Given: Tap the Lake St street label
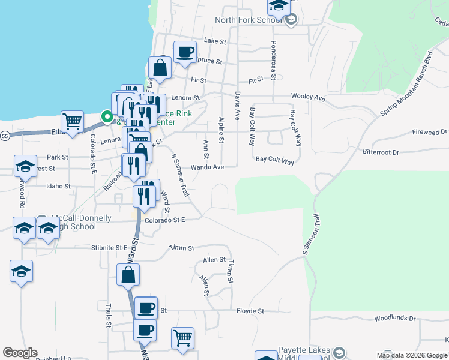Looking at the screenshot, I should pos(214,41).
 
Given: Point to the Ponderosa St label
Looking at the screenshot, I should pos(273,60).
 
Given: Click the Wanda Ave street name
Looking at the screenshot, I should pos(207,167).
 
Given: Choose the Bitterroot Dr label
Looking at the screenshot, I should pos(381,152).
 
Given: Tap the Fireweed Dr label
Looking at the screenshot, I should pos(430,131).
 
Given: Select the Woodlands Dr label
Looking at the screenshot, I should pos(394,318).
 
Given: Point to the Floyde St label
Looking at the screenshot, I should pos(250,311).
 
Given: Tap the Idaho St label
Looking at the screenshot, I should pos(58,186).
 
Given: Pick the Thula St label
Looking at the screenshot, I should pos(109,316).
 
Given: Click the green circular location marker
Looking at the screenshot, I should pos(107,117).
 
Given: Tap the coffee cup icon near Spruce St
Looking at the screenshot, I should pos(185,51).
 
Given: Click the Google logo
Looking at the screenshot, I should pos(20,353).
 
